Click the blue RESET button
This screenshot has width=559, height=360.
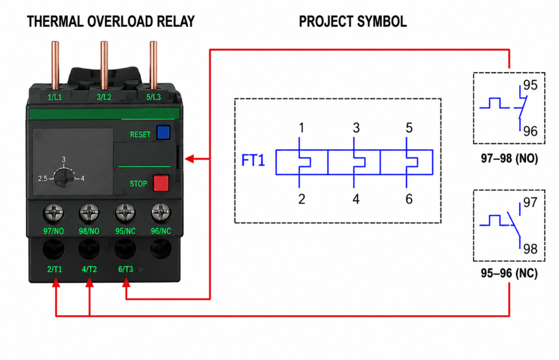coord(163,132)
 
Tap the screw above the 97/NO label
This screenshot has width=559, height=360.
coord(53,213)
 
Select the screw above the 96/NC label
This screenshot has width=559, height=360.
coord(161,213)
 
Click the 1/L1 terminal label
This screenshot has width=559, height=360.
coord(55,97)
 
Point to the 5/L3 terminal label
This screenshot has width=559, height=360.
coord(153,97)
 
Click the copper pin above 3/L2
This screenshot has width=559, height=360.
coord(104,66)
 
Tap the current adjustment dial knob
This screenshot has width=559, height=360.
coord(64,177)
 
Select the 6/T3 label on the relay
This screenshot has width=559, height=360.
coord(126,269)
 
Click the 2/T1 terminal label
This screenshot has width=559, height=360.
coord(55,269)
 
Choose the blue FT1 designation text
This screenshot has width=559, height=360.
coord(253,160)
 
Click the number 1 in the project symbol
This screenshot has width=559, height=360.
coord(301,128)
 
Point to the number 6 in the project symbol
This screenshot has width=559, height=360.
coord(409,199)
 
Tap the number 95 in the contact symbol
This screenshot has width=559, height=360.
coord(530,85)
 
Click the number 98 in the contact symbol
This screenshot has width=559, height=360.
coord(530,249)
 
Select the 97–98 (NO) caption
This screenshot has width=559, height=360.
coord(509,158)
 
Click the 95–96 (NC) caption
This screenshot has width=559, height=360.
coord(509,273)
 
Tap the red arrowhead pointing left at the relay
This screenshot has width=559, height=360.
coord(189,159)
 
